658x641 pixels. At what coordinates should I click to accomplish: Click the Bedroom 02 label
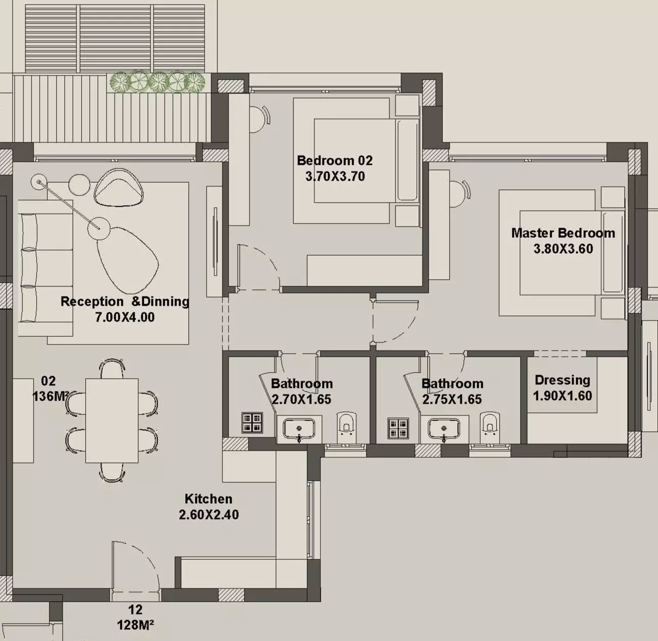(x=334, y=160)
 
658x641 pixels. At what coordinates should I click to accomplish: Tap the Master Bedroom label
(x=563, y=233)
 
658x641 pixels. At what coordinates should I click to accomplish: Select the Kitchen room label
(x=208, y=499)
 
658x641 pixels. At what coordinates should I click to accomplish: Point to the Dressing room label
(x=562, y=380)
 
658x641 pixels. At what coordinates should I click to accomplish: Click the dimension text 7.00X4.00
(x=125, y=317)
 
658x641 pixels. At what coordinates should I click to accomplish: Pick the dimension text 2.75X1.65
(x=452, y=399)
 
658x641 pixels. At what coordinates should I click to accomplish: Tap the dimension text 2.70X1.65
(x=301, y=399)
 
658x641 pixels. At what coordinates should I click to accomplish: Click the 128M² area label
(x=135, y=624)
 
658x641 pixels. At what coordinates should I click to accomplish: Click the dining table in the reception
(x=112, y=420)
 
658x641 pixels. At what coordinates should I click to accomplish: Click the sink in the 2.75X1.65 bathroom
(x=444, y=428)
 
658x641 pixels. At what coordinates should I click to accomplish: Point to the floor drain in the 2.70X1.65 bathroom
(x=252, y=423)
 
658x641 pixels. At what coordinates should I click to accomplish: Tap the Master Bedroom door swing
(x=396, y=322)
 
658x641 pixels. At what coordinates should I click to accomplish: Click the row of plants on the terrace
(x=157, y=82)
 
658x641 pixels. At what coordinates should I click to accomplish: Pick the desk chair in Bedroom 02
(x=261, y=118)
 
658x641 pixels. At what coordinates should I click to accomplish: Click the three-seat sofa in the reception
(x=45, y=268)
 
